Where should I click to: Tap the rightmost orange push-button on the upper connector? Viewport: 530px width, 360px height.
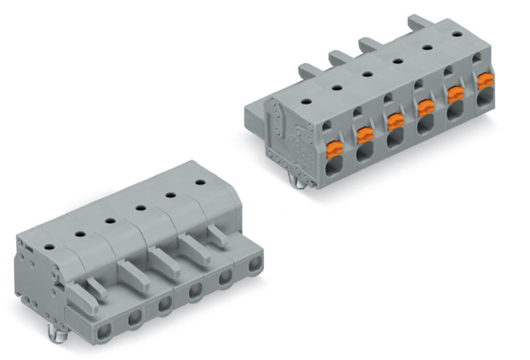coord(485,81)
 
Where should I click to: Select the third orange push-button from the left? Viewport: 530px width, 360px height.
coord(395,121)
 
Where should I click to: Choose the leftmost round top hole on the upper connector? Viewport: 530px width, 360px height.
coord(306,102)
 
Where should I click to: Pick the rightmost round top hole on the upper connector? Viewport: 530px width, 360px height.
coord(457,34)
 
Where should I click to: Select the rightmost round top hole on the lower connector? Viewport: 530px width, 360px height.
coord(199,182)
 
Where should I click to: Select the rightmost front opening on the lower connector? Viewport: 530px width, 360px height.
coord(254,266)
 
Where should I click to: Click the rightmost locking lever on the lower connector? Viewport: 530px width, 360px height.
coord(217,235)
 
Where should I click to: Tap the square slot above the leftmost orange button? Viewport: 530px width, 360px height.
coord(327,125)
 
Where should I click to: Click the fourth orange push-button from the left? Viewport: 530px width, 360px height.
coord(425,107)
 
